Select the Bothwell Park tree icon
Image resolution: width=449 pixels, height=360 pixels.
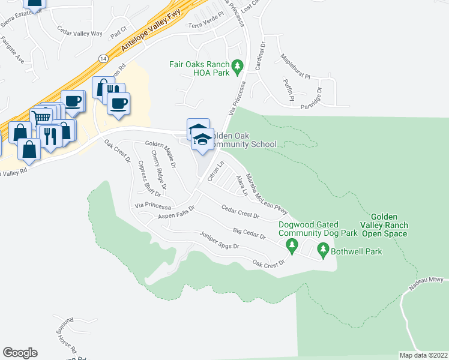click(324, 248)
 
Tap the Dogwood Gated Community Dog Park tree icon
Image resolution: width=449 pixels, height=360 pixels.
click(292, 244)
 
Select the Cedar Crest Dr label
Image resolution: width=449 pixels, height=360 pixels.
click(240, 211)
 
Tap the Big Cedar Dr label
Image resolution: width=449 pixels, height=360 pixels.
click(249, 232)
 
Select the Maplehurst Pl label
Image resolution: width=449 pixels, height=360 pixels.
click(295, 67)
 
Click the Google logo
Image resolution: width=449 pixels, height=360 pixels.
click(20, 353)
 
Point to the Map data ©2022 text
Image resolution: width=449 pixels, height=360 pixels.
click(423, 355)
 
